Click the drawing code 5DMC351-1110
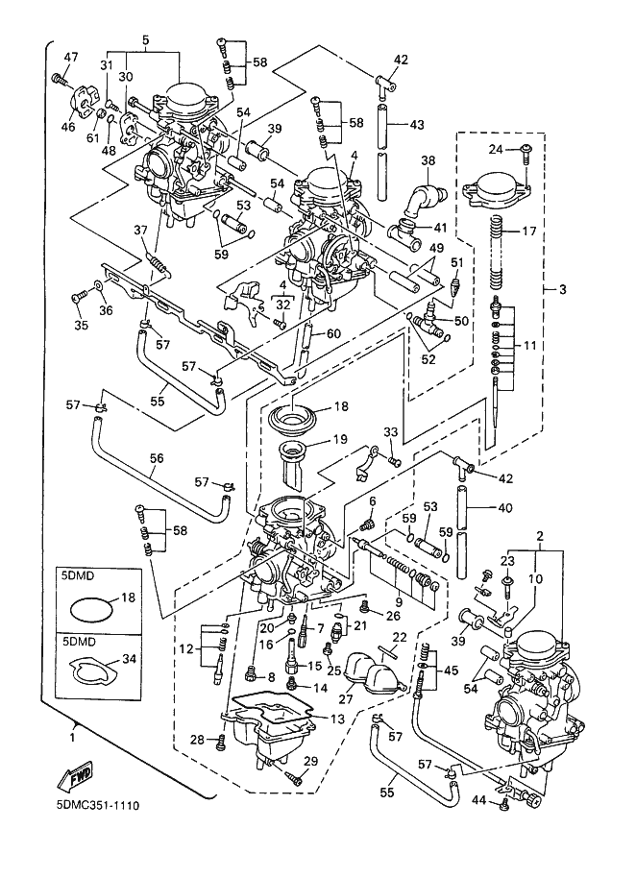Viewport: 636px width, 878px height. pos(97,806)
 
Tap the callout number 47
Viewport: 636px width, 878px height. pos(70,57)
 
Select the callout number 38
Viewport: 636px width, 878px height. pos(428,161)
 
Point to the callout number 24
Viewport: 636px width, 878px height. pos(496,150)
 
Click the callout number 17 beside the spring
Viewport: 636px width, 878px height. pos(529,231)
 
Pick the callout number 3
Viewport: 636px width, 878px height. pos(563,289)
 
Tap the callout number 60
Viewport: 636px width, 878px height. pos(333,333)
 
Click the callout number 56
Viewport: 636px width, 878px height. pos(157,458)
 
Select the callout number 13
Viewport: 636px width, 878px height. pos(337,719)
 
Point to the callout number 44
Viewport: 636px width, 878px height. pos(478,801)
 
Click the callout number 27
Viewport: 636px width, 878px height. pos(347,699)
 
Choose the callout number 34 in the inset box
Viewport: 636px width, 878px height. pos(129,659)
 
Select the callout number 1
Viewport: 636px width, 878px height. pos(72,738)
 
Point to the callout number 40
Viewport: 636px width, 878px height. pos(504,508)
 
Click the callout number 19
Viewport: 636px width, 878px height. pos(340,439)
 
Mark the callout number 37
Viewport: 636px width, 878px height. pos(140,230)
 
